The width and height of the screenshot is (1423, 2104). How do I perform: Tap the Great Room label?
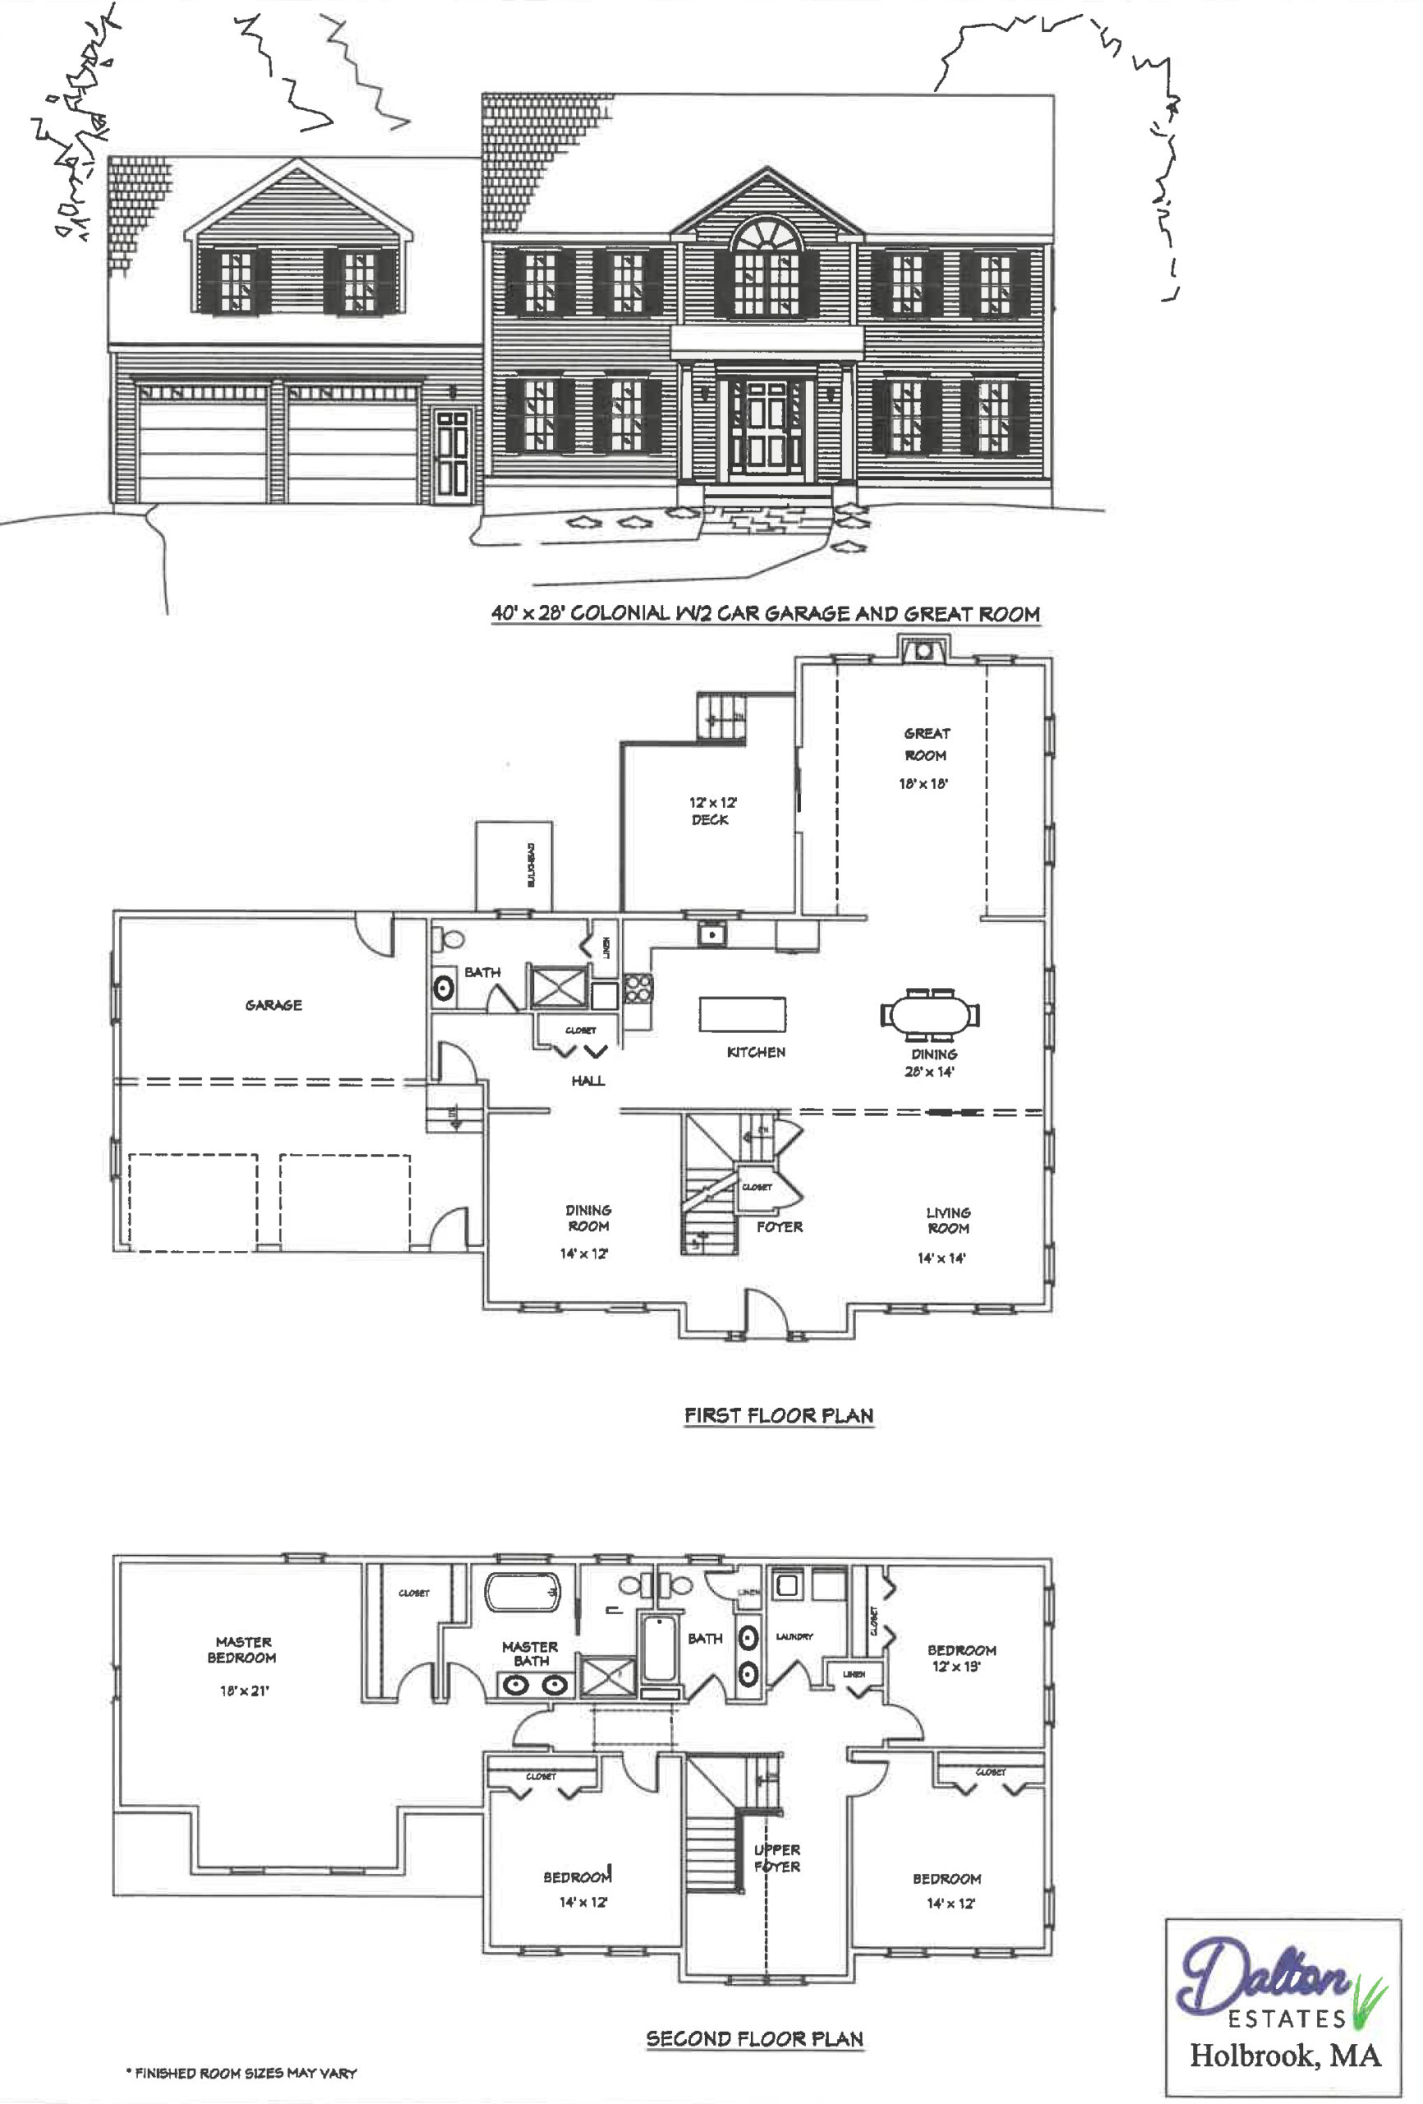coord(925,744)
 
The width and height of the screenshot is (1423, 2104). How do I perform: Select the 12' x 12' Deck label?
coord(711,810)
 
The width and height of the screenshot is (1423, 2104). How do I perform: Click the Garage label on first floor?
coord(274,1005)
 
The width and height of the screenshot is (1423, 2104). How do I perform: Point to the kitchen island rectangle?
coord(741,1013)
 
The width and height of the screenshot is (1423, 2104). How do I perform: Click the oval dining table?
coord(930,1013)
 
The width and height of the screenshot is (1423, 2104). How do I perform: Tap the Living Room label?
coord(946,1220)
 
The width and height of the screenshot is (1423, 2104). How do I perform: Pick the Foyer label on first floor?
coord(779,1227)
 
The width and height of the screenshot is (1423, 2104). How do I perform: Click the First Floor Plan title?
coord(779,1415)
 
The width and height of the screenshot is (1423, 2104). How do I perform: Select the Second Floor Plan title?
coord(754,2039)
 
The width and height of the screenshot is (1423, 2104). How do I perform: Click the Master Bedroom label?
coord(242,1650)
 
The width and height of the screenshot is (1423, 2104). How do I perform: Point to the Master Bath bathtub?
coord(523,1593)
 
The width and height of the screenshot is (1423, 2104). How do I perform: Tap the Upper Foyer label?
coord(776,1857)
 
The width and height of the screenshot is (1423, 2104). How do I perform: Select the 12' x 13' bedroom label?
coord(960,1658)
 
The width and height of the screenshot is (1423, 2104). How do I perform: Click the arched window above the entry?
coord(766,235)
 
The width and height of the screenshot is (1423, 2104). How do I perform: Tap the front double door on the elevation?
coord(766,430)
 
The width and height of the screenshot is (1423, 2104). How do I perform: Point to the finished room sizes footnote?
coord(242,2072)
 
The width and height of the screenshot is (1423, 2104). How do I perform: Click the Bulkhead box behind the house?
coord(514,865)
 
